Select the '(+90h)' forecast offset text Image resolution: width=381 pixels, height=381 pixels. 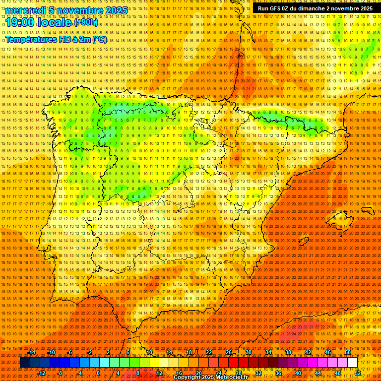click(x=87, y=23)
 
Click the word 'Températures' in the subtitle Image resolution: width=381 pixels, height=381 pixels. click(x=31, y=39)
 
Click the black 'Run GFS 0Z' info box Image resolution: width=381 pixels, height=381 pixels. click(x=315, y=8)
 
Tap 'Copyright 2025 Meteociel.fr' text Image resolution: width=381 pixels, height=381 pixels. click(x=210, y=378)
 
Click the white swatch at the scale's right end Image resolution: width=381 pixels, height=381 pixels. click(x=353, y=363)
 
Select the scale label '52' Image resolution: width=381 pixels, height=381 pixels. click(x=358, y=373)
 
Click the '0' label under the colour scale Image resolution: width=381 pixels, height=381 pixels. click(x=98, y=373)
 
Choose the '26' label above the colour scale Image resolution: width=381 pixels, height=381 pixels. click(x=229, y=352)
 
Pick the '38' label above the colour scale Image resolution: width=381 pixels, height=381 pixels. click(x=288, y=352)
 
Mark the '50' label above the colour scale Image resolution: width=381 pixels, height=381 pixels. click(x=348, y=352)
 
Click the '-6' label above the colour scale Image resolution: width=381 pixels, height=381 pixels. click(x=70, y=352)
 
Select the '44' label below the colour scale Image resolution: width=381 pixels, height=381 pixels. click(x=318, y=373)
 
